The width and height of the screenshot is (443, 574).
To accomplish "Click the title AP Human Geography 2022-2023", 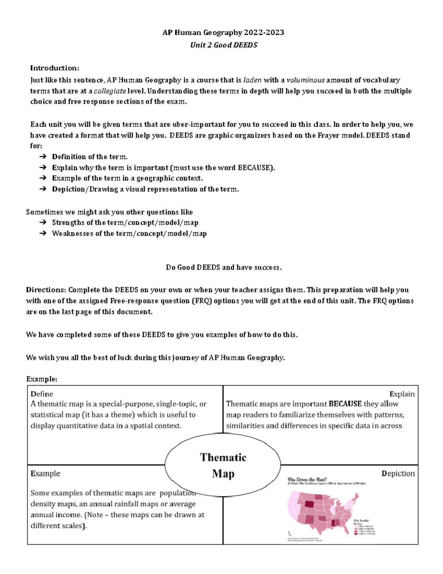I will (x=223, y=33).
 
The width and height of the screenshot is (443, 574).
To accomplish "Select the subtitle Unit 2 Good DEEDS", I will (x=224, y=45).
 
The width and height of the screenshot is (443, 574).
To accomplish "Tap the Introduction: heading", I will (x=55, y=68).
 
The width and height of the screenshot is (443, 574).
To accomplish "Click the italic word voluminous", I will (x=306, y=80).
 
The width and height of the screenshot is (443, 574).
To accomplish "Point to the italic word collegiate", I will (x=110, y=91).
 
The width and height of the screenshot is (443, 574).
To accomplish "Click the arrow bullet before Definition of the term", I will (x=42, y=157).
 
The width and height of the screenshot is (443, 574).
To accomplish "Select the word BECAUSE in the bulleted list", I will (x=255, y=168).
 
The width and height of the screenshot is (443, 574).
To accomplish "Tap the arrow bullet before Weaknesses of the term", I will (x=42, y=234).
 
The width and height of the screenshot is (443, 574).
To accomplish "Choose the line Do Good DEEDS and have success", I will (x=224, y=268).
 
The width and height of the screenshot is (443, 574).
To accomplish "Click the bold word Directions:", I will (x=46, y=290).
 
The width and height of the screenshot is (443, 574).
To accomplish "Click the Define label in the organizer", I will (x=42, y=394).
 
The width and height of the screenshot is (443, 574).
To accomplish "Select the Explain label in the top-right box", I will (x=402, y=394).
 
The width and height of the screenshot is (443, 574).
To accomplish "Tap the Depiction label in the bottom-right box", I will (x=398, y=473).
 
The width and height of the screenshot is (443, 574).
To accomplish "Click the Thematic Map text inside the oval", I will (x=223, y=465).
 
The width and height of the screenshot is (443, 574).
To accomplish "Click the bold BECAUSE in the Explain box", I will (x=345, y=404).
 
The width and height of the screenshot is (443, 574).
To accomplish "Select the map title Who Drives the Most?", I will (x=307, y=480).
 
